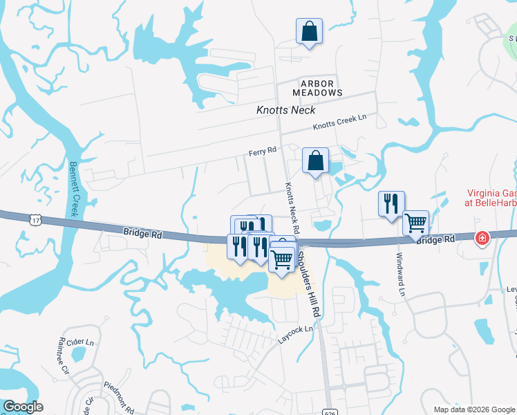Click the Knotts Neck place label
click(285, 110)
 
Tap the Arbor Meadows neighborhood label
click(317, 88)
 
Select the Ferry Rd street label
click(263, 150)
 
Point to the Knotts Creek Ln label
click(339, 122)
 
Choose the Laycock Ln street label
click(296, 335)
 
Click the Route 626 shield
click(329, 410)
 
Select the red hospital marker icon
click(482, 239)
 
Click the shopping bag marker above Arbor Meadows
click(309, 31)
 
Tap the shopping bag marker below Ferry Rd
click(315, 161)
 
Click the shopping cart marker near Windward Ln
click(415, 223)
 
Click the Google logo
click(22, 407)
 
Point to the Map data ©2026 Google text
click(473, 409)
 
